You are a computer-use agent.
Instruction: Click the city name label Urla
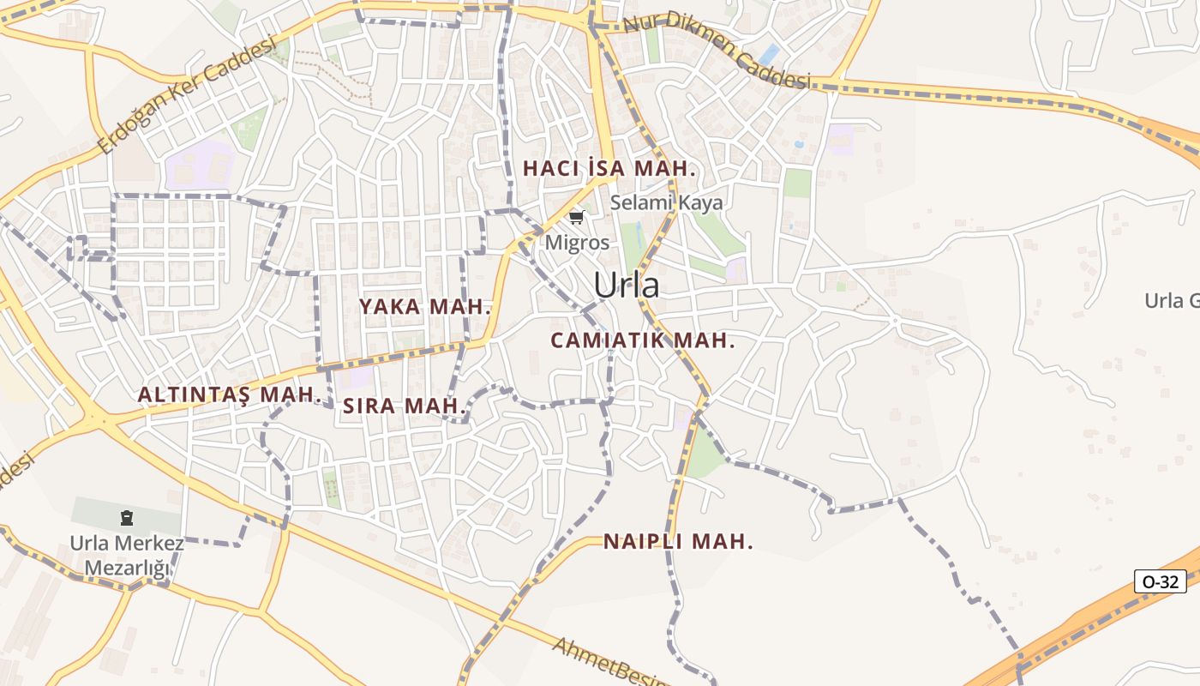pyautogui.click(x=627, y=286)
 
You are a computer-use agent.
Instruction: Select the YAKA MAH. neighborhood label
pyautogui.click(x=424, y=307)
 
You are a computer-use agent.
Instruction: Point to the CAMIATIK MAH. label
pyautogui.click(x=642, y=340)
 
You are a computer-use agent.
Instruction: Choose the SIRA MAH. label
pyautogui.click(x=404, y=406)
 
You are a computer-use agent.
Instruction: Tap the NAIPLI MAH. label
pyautogui.click(x=678, y=542)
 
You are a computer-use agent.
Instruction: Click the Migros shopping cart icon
pyautogui.click(x=576, y=218)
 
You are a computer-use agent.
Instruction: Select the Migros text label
pyautogui.click(x=578, y=243)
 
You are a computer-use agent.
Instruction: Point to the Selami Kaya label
pyautogui.click(x=666, y=203)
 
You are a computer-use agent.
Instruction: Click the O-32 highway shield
pyautogui.click(x=1161, y=581)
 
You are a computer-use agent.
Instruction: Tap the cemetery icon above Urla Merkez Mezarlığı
pyautogui.click(x=127, y=518)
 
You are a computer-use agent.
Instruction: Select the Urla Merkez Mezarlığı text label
pyautogui.click(x=127, y=556)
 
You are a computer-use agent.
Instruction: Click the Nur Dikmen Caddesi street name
pyautogui.click(x=717, y=51)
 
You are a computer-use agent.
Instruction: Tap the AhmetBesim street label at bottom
pyautogui.click(x=610, y=662)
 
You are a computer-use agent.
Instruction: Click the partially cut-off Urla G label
pyautogui.click(x=1171, y=301)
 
